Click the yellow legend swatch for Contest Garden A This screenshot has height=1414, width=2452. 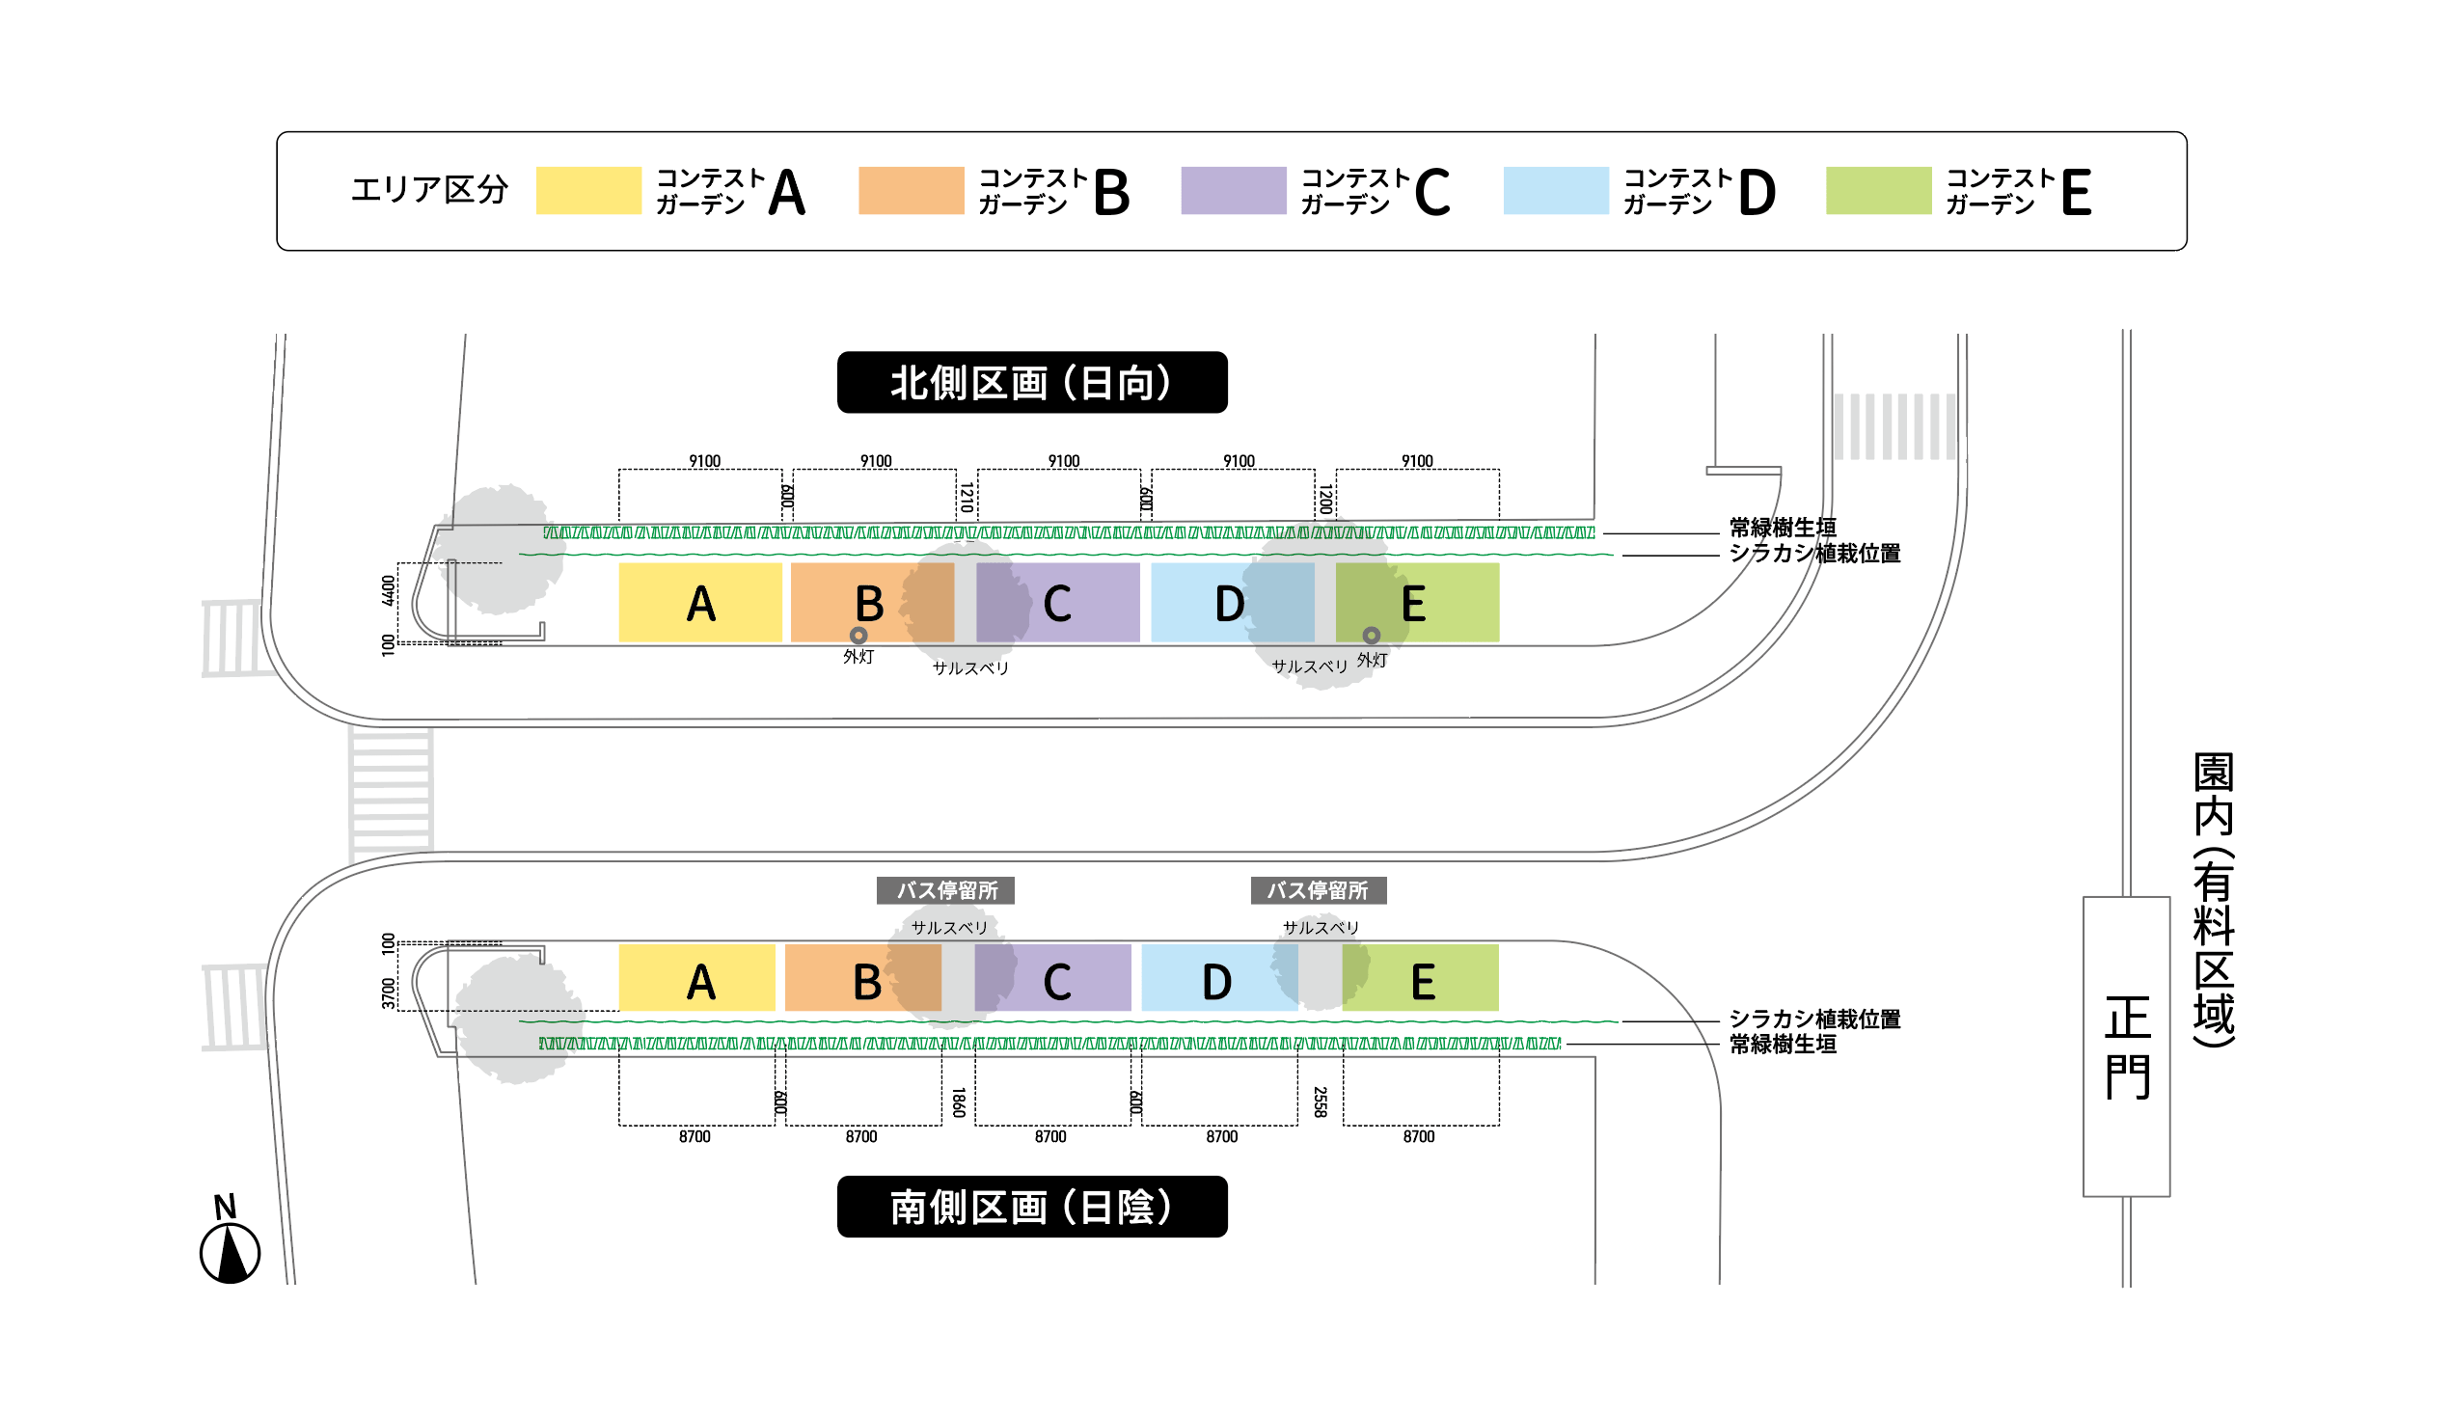pos(588,190)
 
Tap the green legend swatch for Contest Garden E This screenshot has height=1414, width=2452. pos(1878,190)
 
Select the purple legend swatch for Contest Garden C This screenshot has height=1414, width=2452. pos(1234,190)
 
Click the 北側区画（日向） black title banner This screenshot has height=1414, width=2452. pos(1031,383)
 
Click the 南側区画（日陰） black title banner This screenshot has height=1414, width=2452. pos(1031,1208)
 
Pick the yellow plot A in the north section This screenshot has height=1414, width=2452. pos(700,602)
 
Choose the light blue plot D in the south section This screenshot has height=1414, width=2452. pos(1218,978)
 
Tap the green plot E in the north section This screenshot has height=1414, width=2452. pos(1417,602)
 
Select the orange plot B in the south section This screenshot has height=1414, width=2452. pos(862,978)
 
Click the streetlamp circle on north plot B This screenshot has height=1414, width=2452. pos(858,636)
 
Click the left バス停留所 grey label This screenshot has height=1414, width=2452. pos(946,890)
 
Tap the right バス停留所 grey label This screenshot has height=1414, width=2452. pos(1318,890)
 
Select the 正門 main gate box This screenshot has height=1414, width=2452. pos(2126,1047)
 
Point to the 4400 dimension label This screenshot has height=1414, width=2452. pos(389,590)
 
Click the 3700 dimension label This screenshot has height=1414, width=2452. pos(389,993)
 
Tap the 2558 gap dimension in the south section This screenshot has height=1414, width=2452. pos(1320,1102)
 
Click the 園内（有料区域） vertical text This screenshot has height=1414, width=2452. pos(2213,899)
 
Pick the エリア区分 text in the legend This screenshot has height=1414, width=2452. pos(429,189)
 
